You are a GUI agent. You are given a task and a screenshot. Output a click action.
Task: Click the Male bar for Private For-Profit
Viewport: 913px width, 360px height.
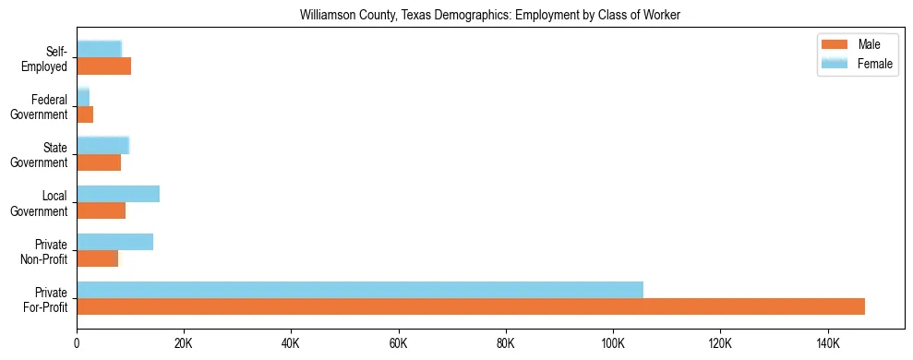(x=471, y=306)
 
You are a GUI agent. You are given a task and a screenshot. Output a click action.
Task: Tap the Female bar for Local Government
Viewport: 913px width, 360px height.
(x=118, y=194)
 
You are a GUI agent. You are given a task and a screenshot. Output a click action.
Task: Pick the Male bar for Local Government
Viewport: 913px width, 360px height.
(x=101, y=210)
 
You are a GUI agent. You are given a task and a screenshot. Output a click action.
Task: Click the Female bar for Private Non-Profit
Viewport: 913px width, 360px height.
(x=114, y=242)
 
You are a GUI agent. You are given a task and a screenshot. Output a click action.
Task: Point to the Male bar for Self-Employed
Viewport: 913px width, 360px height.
(x=103, y=66)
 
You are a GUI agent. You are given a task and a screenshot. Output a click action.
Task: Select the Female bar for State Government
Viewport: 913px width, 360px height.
(x=102, y=146)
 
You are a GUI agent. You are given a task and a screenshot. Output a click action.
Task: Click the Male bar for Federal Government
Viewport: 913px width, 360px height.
(x=85, y=114)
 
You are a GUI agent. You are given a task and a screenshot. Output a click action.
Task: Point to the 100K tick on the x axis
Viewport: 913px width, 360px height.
(x=613, y=343)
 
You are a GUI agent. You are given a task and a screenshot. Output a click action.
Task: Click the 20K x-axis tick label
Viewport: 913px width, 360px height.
(x=184, y=343)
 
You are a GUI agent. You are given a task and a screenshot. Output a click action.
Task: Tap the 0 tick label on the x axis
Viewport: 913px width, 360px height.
(x=77, y=343)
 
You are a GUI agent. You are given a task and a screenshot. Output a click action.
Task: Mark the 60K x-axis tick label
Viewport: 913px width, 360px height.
(x=398, y=343)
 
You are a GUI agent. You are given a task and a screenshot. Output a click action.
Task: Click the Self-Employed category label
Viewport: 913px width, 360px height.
(x=49, y=59)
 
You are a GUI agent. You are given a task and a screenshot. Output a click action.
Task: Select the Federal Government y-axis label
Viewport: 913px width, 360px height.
(x=40, y=107)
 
